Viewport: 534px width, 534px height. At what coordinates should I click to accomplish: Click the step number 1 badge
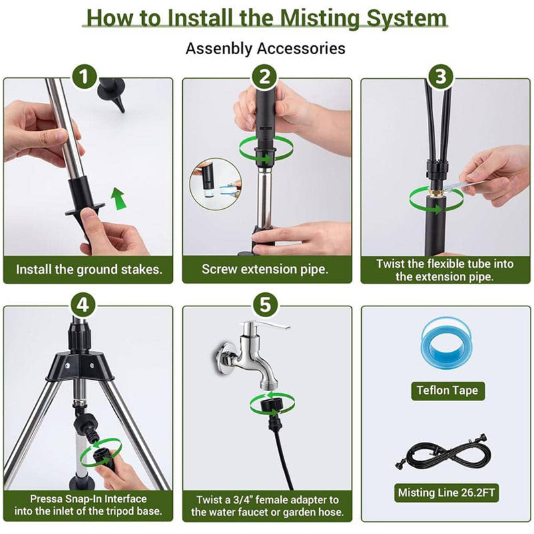[84, 76]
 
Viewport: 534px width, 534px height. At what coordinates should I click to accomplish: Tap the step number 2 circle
[264, 76]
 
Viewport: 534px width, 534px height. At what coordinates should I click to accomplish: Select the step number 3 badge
[441, 76]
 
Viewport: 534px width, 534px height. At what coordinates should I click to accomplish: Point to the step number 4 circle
[83, 304]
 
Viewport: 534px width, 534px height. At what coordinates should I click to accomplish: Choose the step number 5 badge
[265, 304]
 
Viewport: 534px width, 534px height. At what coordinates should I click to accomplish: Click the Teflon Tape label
[447, 390]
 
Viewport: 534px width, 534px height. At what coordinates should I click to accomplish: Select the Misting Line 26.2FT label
[447, 493]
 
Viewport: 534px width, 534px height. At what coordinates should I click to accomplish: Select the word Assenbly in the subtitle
[218, 49]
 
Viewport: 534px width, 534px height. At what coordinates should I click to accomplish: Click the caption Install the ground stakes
[89, 270]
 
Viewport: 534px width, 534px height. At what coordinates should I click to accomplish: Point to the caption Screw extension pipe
[265, 269]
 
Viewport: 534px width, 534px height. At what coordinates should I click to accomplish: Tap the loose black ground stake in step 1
[112, 94]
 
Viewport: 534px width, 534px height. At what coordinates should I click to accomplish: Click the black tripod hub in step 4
[79, 366]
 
